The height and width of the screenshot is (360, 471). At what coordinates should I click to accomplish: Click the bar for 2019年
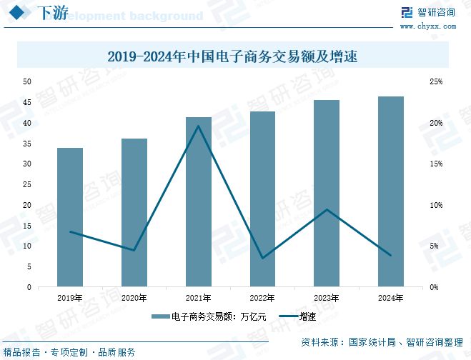coord(70,217)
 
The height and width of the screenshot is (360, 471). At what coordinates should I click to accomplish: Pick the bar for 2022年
coord(262,199)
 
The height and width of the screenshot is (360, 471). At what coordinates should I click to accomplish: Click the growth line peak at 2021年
coord(198,126)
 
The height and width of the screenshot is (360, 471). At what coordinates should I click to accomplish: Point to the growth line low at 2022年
coord(262,258)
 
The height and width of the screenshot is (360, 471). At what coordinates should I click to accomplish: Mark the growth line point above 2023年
coord(327,209)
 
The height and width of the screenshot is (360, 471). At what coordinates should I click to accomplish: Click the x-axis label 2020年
coord(134,298)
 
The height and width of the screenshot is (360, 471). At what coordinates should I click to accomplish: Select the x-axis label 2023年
coord(327,298)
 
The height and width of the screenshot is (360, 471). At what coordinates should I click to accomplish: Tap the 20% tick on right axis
coord(436,124)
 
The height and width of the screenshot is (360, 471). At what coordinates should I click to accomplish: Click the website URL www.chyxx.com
coord(427,26)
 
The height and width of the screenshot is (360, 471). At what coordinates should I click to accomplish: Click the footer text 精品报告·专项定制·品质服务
coord(69,352)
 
